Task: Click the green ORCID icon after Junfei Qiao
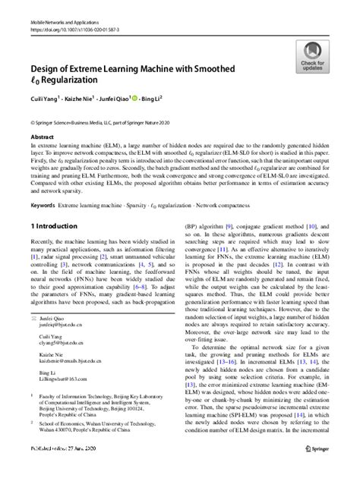click(x=154, y=99)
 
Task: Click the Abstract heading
click(x=42, y=137)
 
